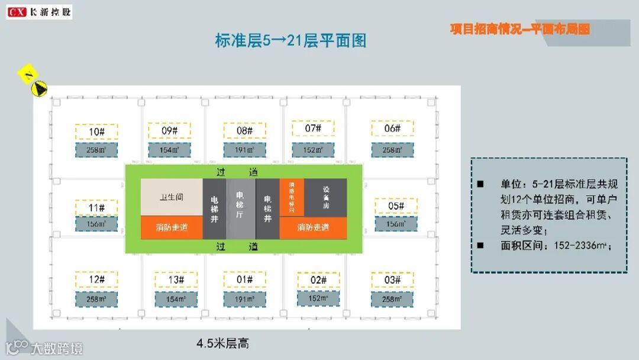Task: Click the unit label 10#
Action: tap(96, 131)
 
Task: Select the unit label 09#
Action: tap(170, 131)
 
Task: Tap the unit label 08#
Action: tap(244, 131)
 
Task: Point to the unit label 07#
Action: tap(313, 128)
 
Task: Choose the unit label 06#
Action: tap(392, 128)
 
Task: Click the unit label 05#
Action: tap(396, 206)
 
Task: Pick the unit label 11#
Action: tap(96, 208)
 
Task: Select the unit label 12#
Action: tap(96, 279)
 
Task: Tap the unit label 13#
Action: tap(176, 280)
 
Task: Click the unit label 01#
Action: tap(244, 279)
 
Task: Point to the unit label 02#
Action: tap(318, 280)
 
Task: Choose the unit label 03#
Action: tap(392, 279)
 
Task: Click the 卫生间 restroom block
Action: tap(172, 197)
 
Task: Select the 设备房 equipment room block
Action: tap(326, 197)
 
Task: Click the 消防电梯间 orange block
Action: tap(292, 197)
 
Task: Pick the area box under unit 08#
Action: tap(244, 150)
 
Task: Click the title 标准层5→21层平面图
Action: tap(291, 40)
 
